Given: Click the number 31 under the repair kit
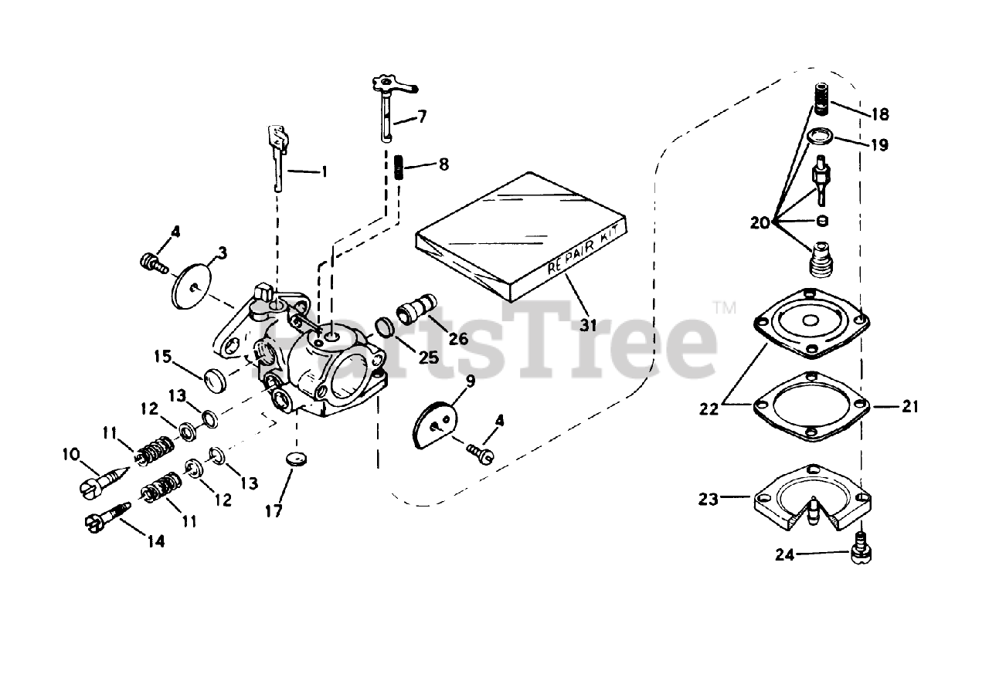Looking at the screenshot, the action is (x=589, y=325).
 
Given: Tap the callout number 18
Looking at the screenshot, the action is (x=879, y=114).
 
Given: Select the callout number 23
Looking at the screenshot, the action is (x=708, y=500).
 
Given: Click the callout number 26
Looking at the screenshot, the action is (x=458, y=337).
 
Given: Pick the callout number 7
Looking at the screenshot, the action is (x=422, y=117).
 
